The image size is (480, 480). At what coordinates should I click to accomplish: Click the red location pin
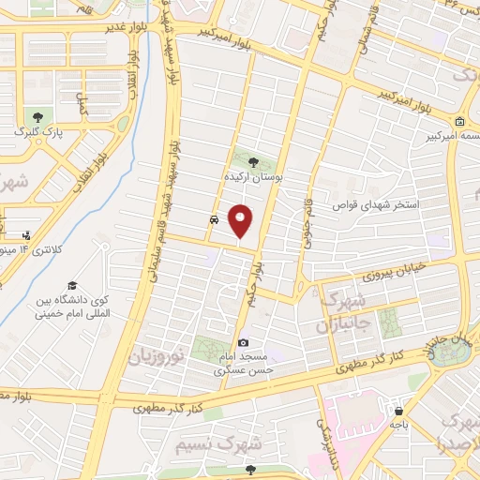click(241, 221)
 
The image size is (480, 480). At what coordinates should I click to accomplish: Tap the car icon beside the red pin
click(215, 220)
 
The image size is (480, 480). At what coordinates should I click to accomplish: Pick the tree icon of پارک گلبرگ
click(37, 118)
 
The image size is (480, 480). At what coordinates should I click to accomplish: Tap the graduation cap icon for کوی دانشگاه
click(71, 284)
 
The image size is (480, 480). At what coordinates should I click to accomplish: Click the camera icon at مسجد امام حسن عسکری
click(244, 343)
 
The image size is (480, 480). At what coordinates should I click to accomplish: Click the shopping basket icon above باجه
click(399, 411)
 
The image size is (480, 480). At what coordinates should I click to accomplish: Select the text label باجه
click(399, 425)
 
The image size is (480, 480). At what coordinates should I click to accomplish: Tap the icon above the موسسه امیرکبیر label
click(459, 122)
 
